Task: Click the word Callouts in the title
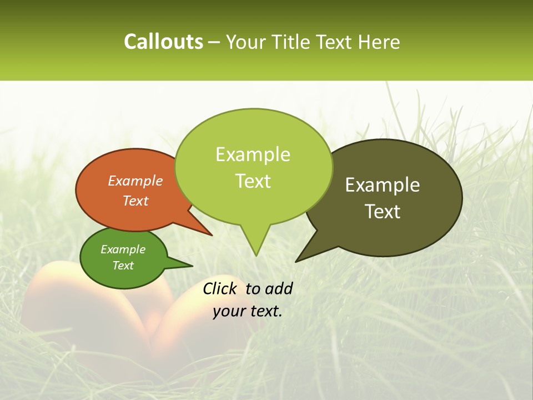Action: (x=163, y=42)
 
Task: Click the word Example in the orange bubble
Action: (x=135, y=181)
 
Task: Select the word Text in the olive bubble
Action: (x=383, y=212)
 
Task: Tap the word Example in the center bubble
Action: (x=253, y=154)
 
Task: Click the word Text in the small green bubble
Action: (x=123, y=266)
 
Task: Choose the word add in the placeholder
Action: (x=279, y=288)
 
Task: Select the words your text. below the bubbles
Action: (x=248, y=311)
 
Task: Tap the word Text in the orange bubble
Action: (x=135, y=201)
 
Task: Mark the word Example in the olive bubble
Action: (x=383, y=185)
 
